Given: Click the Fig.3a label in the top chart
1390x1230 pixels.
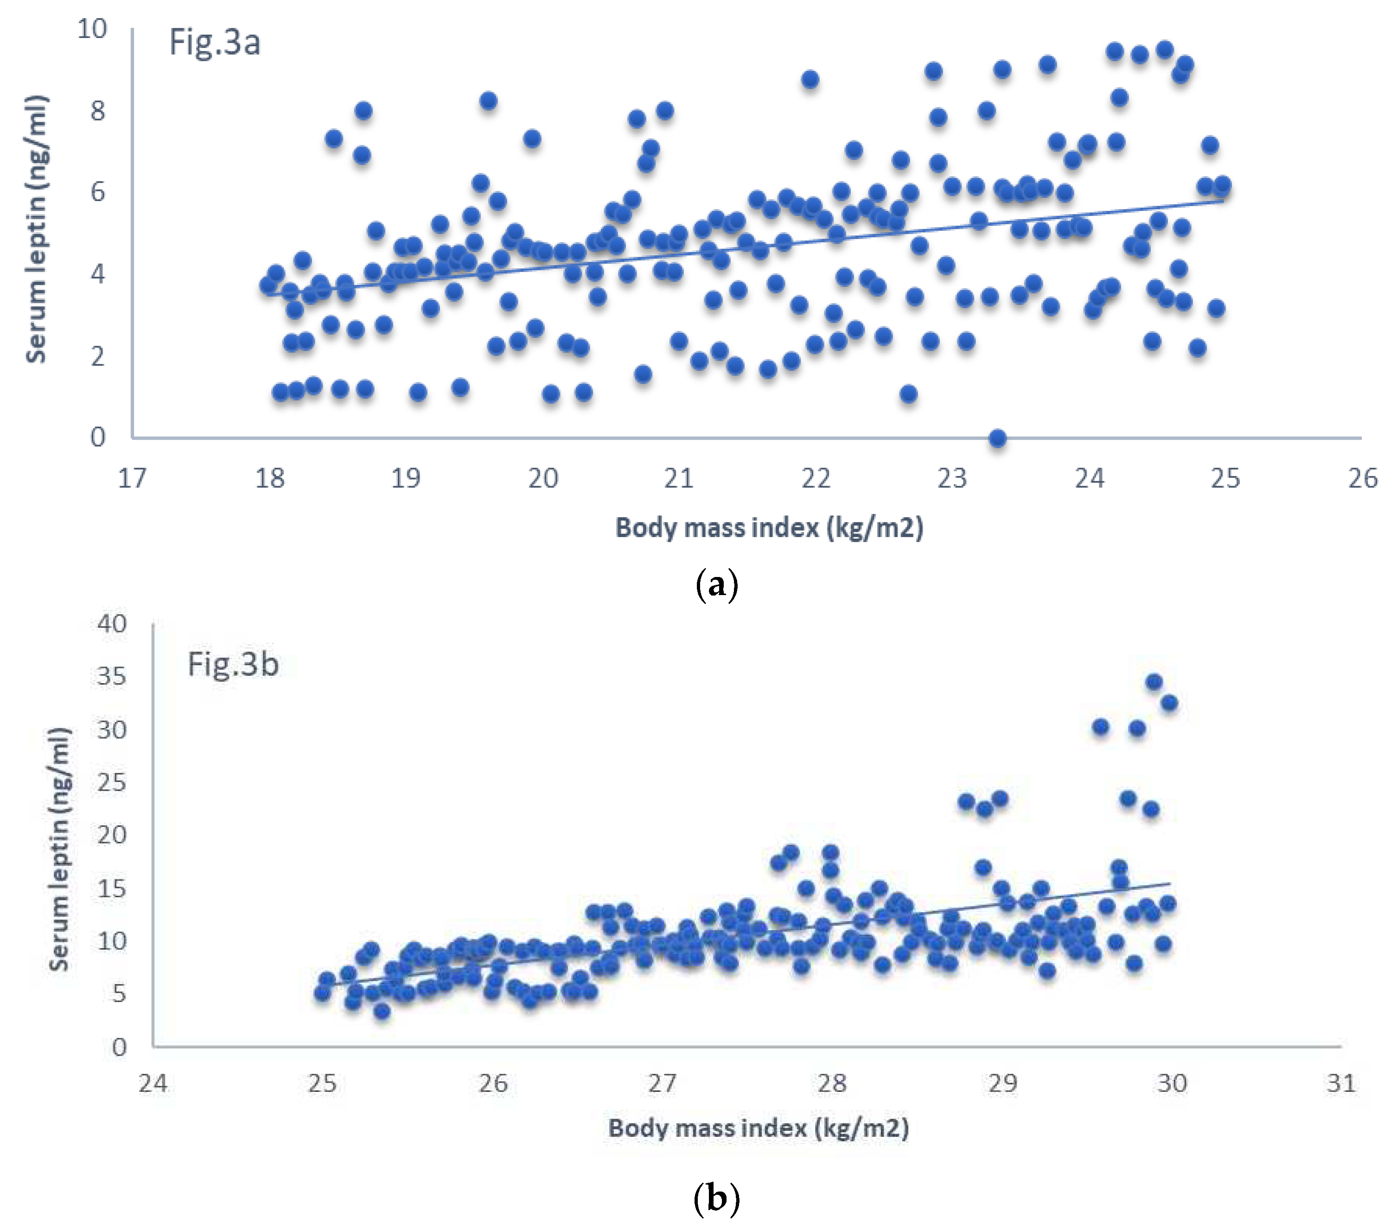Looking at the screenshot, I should coord(214,42).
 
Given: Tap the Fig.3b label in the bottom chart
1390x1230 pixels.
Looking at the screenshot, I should coord(233,664).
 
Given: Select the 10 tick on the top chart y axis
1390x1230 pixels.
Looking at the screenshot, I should coord(92,29).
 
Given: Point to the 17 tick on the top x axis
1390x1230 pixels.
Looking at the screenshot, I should coord(132,479).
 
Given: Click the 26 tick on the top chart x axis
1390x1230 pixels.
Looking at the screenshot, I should coord(1363,479).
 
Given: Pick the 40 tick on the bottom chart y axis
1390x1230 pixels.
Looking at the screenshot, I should coord(112,623).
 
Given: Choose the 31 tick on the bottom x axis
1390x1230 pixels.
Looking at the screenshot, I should coord(1341,1083).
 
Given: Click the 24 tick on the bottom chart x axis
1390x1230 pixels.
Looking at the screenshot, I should coord(153,1083).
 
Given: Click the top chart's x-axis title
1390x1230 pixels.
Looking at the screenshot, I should coord(769,527).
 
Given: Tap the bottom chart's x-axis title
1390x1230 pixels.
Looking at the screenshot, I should coord(758,1128).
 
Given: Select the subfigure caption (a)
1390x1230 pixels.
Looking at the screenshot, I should coord(717,584).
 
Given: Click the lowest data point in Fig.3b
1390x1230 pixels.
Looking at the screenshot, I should coord(382,1011).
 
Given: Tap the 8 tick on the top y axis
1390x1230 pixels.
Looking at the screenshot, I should coord(98,110).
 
